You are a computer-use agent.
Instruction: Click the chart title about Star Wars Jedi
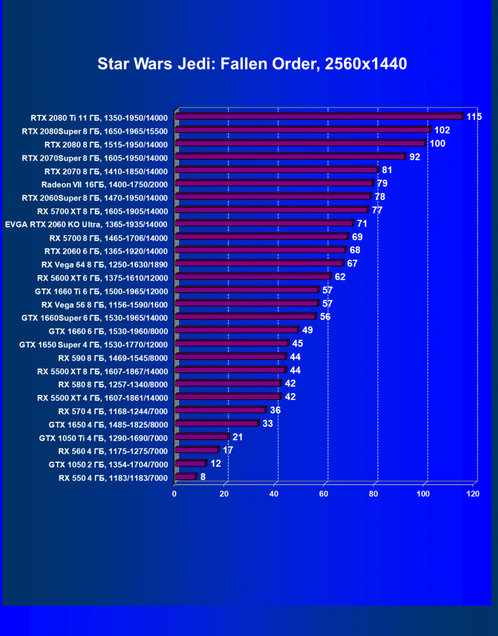pos(252,64)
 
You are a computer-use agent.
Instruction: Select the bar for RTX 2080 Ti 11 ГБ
pos(319,117)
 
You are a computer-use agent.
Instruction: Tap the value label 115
pos(474,117)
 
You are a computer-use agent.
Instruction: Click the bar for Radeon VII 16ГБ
pos(274,184)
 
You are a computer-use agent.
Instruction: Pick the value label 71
pos(362,224)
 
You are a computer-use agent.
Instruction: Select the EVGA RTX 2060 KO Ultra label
pos(86,224)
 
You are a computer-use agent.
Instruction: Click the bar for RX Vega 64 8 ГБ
pos(259,264)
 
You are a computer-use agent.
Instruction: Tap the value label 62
pos(339,277)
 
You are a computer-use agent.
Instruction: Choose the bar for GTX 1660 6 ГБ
pos(237,330)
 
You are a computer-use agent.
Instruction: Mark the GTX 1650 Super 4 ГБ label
pos(94,344)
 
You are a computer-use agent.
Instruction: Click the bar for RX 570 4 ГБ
pos(220,410)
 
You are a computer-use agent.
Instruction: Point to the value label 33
pos(267,424)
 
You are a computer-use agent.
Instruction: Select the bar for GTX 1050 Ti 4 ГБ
pos(202,437)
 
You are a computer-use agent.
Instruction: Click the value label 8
pos(203,477)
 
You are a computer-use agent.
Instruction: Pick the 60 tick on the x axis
pos(324,494)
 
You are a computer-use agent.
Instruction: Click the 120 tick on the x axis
pos(473,494)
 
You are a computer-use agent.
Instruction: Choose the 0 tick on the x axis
pos(174,494)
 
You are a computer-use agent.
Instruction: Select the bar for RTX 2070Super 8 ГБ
pos(290,157)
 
